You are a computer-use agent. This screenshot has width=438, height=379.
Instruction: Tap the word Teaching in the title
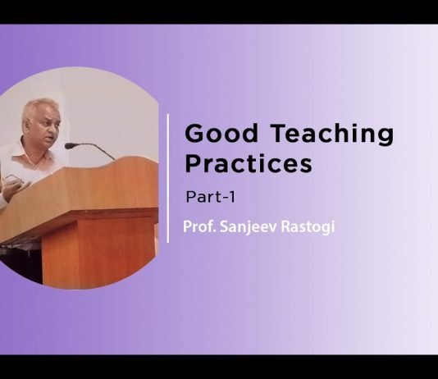319,133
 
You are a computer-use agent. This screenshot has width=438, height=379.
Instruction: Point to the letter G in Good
194,133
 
